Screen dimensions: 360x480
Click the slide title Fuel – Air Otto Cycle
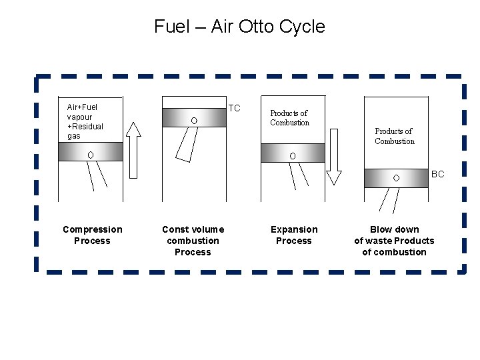point(239,27)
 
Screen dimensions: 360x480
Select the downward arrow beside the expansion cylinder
point(333,154)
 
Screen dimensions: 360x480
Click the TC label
point(234,108)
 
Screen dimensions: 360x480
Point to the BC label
point(437,174)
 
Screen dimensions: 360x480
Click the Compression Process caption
point(92,235)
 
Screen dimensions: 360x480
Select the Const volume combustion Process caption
point(193,241)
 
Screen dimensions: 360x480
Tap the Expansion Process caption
point(294,235)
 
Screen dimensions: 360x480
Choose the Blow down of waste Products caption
point(394,241)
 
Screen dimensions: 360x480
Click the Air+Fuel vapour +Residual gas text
point(85,121)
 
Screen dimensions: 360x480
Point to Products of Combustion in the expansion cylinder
point(289,118)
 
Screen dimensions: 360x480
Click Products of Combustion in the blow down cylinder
point(394,136)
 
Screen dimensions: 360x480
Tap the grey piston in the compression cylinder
point(90,152)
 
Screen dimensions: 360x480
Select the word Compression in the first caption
point(92,229)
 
